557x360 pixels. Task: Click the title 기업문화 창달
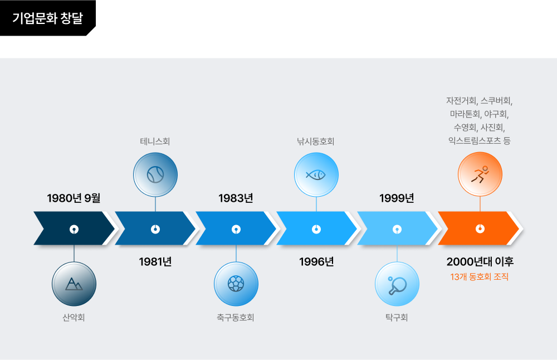47,18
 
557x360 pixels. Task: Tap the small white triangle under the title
92,32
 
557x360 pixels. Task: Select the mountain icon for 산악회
74,284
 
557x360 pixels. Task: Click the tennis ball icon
155,174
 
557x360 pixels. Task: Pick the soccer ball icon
236,284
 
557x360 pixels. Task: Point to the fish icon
316,174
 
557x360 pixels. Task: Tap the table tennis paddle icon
397,284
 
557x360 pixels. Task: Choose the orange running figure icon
480,174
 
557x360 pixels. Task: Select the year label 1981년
155,262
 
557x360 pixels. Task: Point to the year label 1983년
236,198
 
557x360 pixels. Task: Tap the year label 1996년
316,262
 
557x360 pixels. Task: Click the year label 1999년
397,198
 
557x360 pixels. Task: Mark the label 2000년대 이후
480,262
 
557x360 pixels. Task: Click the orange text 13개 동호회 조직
480,277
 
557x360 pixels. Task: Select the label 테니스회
155,142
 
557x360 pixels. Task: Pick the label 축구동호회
236,318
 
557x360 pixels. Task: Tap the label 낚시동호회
316,142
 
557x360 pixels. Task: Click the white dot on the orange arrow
480,228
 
